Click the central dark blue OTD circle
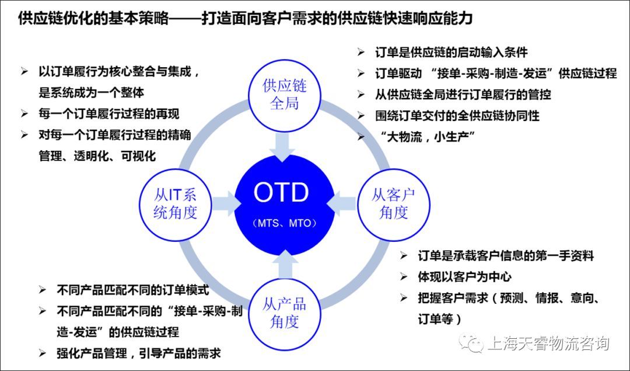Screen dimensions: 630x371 coord(285,205)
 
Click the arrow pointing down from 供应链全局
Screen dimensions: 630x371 coord(285,147)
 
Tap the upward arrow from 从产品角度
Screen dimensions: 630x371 coord(285,264)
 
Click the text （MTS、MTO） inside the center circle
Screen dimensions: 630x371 coord(285,223)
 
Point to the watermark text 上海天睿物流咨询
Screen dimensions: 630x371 coord(548,343)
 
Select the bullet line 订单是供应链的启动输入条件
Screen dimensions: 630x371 coord(451,52)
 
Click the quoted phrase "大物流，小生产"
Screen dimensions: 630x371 coord(428,137)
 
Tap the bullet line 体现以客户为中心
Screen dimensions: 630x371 coord(464,276)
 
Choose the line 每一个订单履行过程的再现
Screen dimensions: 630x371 coord(109,114)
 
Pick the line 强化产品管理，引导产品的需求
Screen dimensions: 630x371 coord(139,353)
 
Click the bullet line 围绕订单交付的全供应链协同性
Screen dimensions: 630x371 coord(457,116)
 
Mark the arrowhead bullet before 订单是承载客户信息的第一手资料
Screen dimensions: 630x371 coord(404,255)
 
